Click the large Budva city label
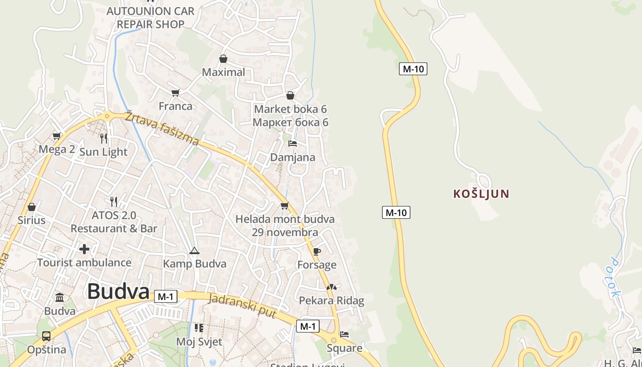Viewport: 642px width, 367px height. click(118, 291)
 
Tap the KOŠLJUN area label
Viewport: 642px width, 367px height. click(481, 194)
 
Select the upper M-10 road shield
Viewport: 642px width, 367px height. click(413, 69)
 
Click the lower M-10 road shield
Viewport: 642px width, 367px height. click(396, 212)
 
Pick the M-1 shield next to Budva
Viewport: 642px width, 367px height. click(165, 296)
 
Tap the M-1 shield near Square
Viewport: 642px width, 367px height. click(307, 326)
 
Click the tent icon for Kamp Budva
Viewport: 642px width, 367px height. click(194, 250)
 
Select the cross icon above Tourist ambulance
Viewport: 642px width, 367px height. click(84, 249)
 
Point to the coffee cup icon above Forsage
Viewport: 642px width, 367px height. click(316, 251)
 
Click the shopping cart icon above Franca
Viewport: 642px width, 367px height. click(175, 93)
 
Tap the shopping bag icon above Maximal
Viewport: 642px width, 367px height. click(223, 59)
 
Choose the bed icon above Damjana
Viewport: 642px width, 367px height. click(292, 144)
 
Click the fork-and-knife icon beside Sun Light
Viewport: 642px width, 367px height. click(104, 138)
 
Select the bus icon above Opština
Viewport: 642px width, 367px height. click(46, 336)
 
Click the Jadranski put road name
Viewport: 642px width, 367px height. click(242, 306)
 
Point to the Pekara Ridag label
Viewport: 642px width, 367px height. click(332, 300)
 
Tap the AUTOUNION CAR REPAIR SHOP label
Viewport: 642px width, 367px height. click(150, 17)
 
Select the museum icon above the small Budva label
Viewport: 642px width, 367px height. click(60, 297)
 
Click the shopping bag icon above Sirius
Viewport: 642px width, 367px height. click(32, 207)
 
